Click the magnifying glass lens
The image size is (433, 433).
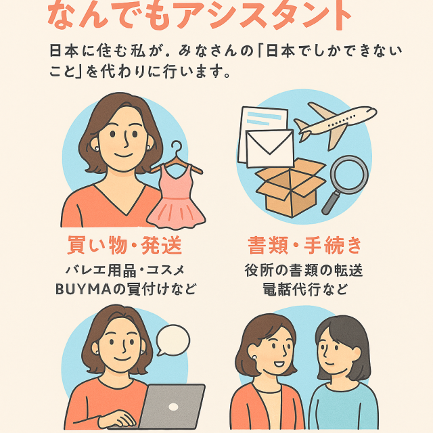click(349, 175)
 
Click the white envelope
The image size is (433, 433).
click(269, 149)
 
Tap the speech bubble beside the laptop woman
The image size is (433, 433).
click(173, 340)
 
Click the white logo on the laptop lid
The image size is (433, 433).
click(173, 407)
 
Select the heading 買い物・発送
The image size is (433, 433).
click(124, 245)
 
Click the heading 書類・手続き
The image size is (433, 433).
click(305, 245)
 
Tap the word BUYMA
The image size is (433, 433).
click(83, 290)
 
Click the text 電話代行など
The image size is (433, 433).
click(305, 290)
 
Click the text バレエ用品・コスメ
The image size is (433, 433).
click(124, 270)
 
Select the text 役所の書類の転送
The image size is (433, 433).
click(304, 270)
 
